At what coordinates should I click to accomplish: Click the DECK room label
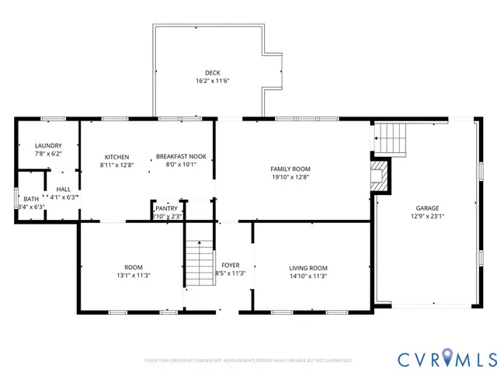[212, 72]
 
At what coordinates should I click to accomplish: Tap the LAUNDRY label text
[47, 145]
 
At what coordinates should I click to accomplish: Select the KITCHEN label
[116, 157]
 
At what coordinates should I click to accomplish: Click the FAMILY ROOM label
[290, 169]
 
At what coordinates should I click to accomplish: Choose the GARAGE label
[426, 208]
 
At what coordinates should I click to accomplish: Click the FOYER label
[230, 265]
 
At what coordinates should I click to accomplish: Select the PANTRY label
[166, 208]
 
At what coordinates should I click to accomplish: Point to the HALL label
[63, 189]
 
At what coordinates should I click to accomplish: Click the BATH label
[30, 199]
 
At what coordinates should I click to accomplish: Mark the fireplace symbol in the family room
[378, 176]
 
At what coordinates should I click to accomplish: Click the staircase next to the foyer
[199, 264]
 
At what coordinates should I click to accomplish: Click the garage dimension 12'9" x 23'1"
[426, 217]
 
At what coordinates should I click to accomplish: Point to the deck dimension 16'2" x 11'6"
[212, 81]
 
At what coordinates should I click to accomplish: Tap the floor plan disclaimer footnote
[248, 361]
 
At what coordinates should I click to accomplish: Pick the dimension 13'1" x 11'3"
[133, 275]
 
